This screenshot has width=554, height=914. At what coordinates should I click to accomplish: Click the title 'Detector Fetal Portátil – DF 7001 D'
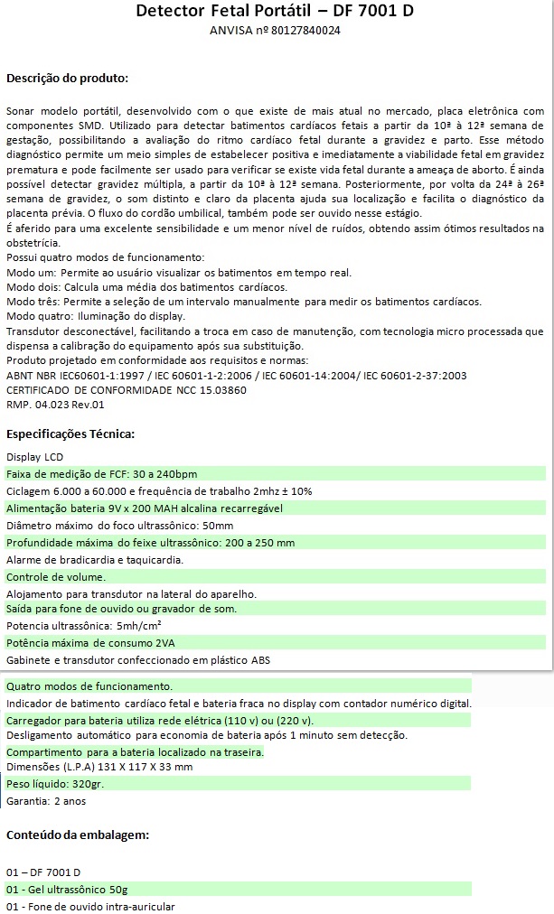tap(276, 12)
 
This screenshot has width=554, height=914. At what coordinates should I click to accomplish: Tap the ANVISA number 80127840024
tap(300, 31)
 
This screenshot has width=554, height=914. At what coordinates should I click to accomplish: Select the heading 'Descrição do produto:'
tap(68, 78)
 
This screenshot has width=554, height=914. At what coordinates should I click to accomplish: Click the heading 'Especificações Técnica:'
tap(70, 434)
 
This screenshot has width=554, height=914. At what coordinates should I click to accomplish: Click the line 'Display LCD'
tap(35, 457)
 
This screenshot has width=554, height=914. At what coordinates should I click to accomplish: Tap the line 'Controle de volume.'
tap(56, 576)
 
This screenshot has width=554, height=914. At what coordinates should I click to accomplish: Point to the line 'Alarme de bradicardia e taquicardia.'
tap(95, 560)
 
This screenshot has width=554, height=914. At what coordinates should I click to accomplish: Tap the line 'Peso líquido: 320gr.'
tap(55, 784)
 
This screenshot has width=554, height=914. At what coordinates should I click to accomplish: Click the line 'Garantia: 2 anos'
tap(46, 801)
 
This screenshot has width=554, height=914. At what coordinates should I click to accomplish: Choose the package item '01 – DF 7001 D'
tap(43, 872)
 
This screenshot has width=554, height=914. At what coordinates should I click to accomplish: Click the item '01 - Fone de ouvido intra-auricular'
tap(90, 906)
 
